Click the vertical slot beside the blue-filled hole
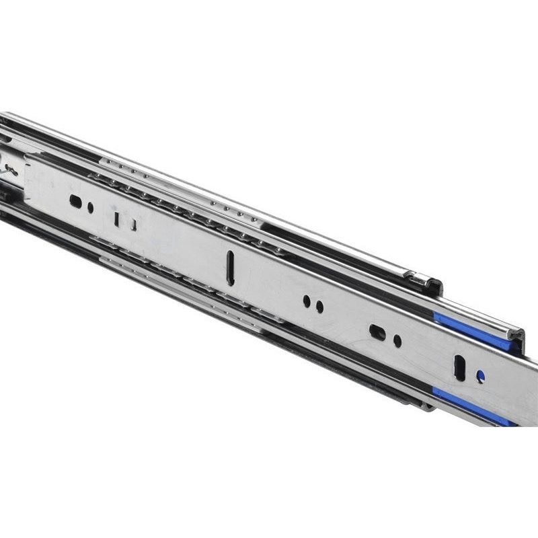460,367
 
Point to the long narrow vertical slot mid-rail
230,267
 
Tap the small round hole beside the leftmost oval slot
91,207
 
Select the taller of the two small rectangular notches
117,219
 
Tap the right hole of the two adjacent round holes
319,307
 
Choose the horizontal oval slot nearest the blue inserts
377,332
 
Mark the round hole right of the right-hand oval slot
397,341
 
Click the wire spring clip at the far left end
9,168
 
